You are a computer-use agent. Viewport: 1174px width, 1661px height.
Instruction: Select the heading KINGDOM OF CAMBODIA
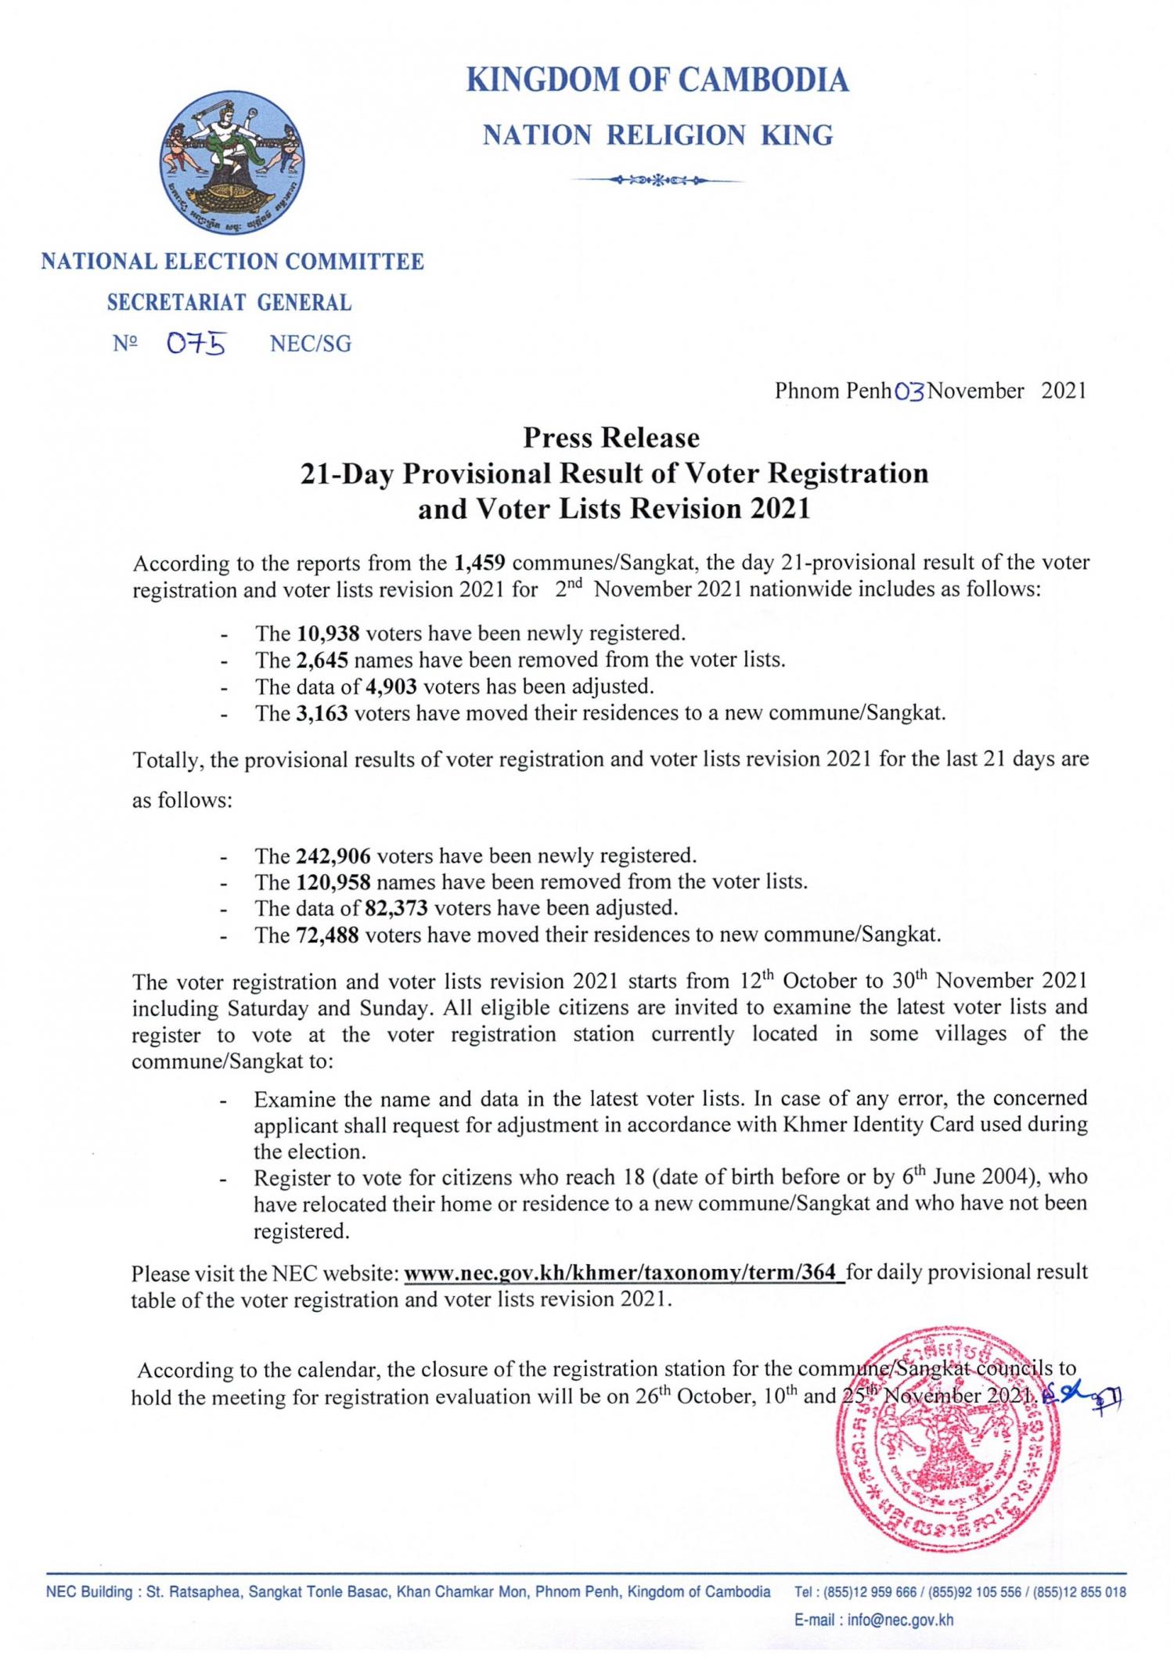point(657,81)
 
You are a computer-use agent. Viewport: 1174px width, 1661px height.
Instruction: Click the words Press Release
point(611,437)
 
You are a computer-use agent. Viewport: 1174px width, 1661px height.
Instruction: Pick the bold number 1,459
point(480,562)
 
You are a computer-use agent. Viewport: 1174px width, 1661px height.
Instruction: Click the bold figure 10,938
point(322,632)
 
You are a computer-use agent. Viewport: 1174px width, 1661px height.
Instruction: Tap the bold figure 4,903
point(391,686)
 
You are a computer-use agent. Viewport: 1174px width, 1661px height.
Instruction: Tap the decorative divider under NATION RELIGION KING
point(657,181)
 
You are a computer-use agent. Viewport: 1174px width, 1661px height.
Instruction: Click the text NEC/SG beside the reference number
point(311,344)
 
